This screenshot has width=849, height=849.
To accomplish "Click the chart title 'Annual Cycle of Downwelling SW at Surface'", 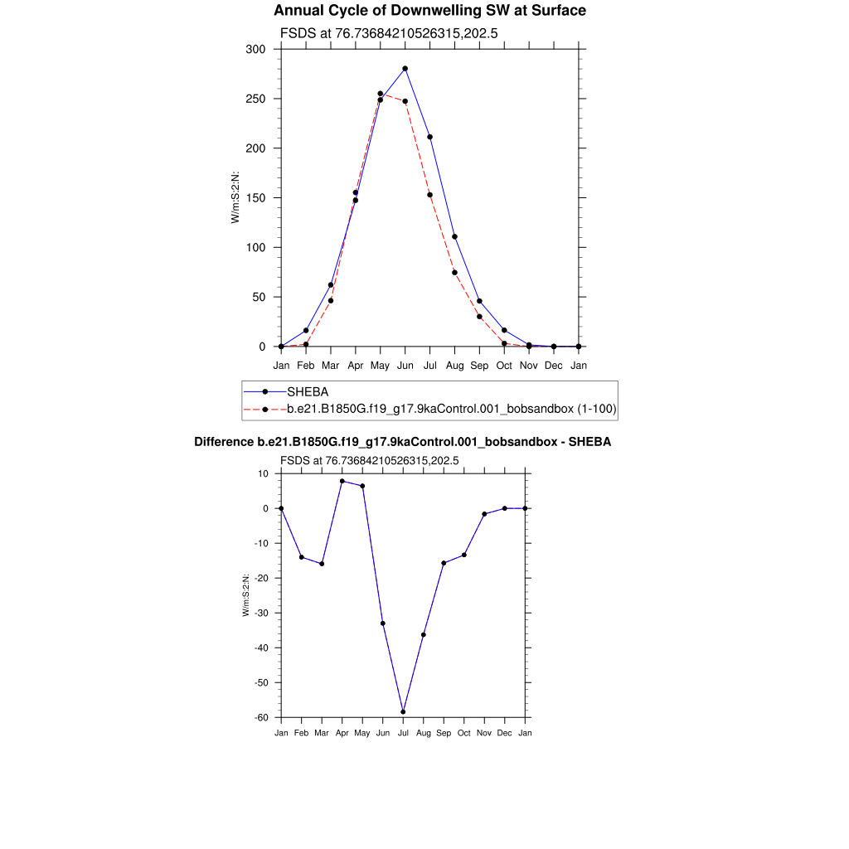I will (429, 11).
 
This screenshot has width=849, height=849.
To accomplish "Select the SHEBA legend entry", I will (306, 391).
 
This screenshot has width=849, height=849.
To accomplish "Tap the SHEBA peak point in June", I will (405, 69).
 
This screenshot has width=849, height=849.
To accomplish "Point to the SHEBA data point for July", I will (430, 137).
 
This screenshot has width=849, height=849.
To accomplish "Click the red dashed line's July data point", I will (430, 195).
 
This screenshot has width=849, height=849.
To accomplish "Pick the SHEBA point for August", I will (455, 237).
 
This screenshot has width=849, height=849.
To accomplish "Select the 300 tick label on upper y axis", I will (255, 50).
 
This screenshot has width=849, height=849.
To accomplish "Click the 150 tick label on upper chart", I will (255, 198).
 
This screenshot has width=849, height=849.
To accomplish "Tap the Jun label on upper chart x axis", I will (405, 365).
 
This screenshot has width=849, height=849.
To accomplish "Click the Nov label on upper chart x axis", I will (529, 365).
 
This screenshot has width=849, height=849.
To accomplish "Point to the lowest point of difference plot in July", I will (403, 712).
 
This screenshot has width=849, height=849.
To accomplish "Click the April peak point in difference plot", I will (342, 481).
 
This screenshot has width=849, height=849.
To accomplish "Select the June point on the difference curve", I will (383, 623).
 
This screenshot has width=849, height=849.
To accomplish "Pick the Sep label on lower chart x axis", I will (444, 734).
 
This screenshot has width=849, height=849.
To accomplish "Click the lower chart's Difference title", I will (402, 442).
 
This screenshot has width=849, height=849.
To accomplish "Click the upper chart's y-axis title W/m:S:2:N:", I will (235, 198).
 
